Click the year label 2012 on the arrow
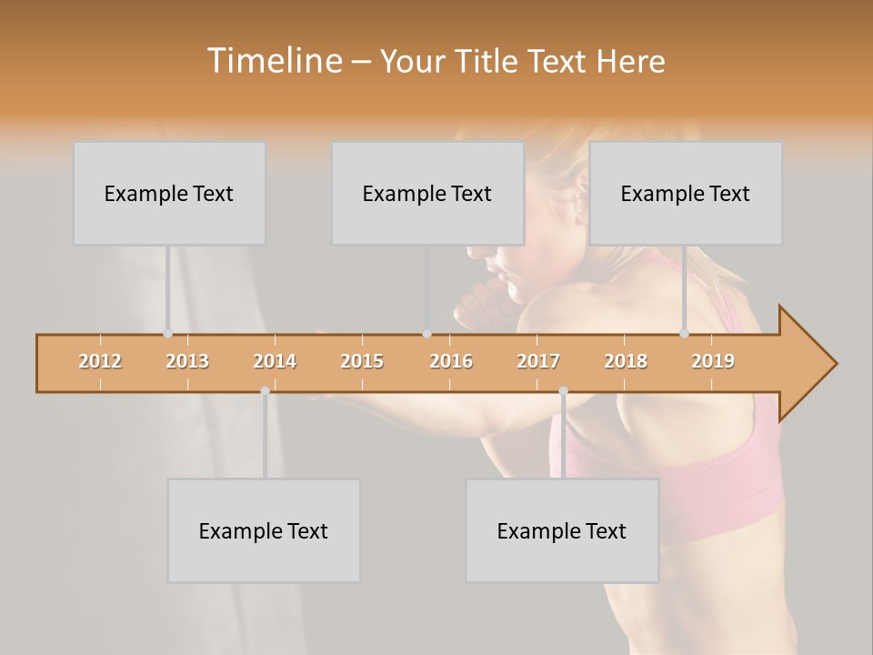coord(100,361)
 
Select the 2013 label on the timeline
coord(187,361)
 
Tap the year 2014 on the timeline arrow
coord(275,361)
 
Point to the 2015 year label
coord(362,361)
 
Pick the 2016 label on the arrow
coord(451,361)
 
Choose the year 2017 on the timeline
coord(538,361)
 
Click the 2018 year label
coord(626,361)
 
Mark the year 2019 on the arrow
coord(713,361)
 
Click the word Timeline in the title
coord(273,61)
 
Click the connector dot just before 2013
coord(168,334)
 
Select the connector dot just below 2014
coord(265,391)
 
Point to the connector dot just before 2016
coord(426,334)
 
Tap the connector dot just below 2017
coord(563,391)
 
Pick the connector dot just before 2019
coord(685,334)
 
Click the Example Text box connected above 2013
coord(169,193)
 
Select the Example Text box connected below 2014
coord(264,530)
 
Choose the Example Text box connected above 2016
coord(427,193)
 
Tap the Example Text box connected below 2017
coord(562,530)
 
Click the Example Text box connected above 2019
coord(686,193)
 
